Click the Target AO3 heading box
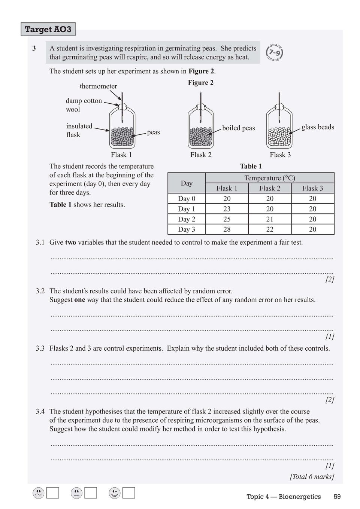click(x=48, y=29)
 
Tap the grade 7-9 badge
click(x=274, y=53)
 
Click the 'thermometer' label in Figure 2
click(x=98, y=86)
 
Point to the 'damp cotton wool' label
click(x=84, y=105)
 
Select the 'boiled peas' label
click(x=238, y=128)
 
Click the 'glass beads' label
click(x=318, y=127)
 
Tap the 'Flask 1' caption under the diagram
click(x=121, y=155)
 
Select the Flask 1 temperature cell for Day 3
click(x=227, y=229)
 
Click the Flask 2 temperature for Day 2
click(x=270, y=219)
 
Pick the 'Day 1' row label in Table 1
click(x=187, y=209)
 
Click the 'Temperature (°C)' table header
click(x=270, y=178)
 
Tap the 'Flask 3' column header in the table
click(x=312, y=188)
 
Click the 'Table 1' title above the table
click(x=251, y=166)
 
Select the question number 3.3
click(x=40, y=348)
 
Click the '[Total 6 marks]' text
click(x=312, y=476)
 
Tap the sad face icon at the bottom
click(x=38, y=493)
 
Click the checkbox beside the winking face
click(x=128, y=493)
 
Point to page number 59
click(x=337, y=497)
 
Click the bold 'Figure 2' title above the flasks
click(x=200, y=83)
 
